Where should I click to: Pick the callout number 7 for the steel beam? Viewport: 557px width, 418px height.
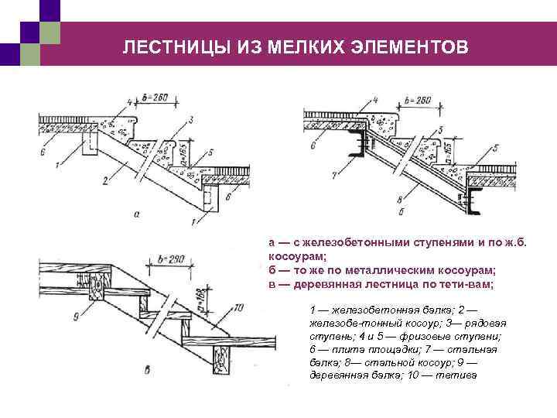tap(333, 176)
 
